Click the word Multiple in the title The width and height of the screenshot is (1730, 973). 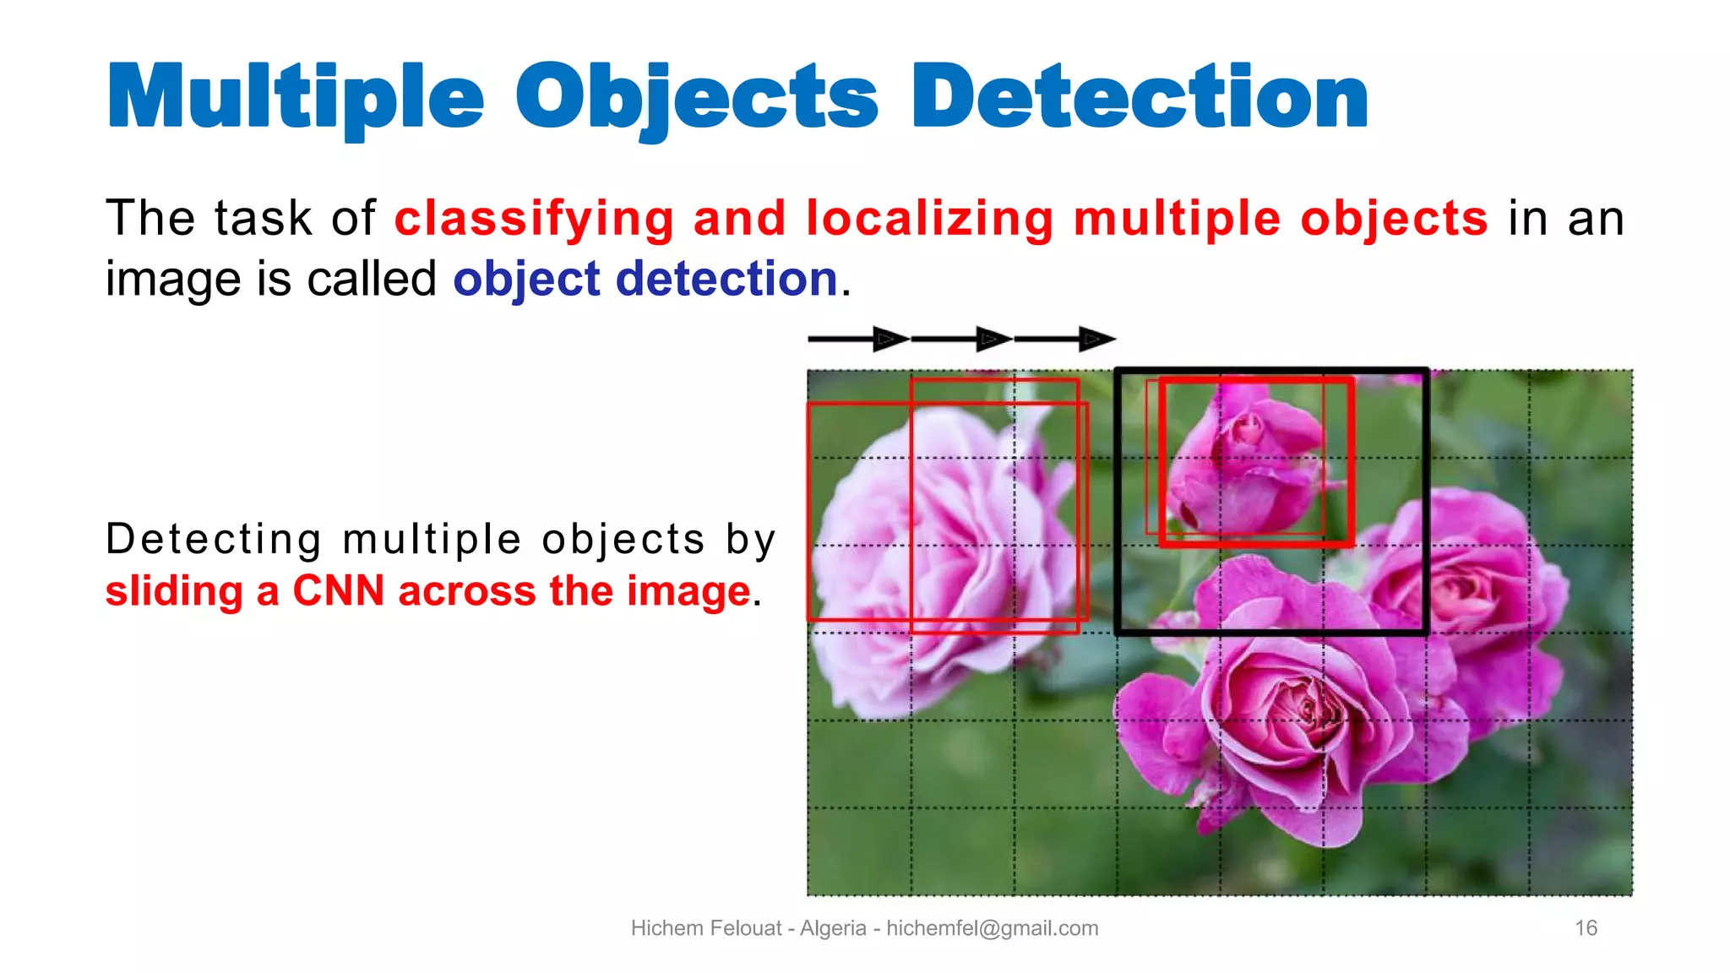click(x=296, y=98)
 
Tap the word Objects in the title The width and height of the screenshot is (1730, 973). click(x=697, y=98)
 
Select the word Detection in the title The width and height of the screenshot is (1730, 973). click(x=1140, y=98)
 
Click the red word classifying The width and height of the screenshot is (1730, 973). click(x=534, y=219)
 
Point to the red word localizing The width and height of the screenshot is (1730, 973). click(x=929, y=219)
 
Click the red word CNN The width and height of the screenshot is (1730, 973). click(x=338, y=590)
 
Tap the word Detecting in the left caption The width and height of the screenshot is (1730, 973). click(x=214, y=539)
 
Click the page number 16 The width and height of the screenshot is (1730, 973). click(x=1586, y=928)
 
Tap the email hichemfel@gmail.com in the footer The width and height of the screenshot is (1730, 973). click(x=992, y=928)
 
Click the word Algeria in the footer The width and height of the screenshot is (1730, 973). click(x=833, y=928)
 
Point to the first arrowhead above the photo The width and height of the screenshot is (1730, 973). click(x=889, y=340)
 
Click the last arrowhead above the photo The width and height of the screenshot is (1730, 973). click(x=1096, y=340)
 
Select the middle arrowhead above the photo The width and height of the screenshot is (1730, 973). click(x=993, y=340)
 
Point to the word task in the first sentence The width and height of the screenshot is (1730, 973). click(x=263, y=219)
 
